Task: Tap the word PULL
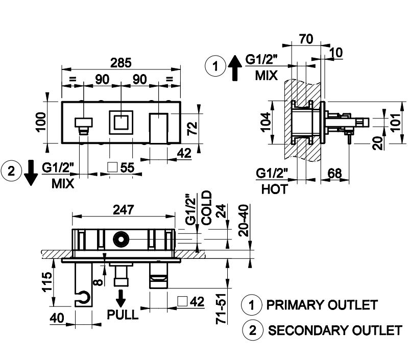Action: pos(123,314)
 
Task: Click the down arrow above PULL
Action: pos(122,297)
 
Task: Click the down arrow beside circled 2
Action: pos(31,173)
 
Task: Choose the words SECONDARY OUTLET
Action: pos(335,330)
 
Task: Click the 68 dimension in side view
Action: pos(335,173)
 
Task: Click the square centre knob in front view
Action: pos(121,123)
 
